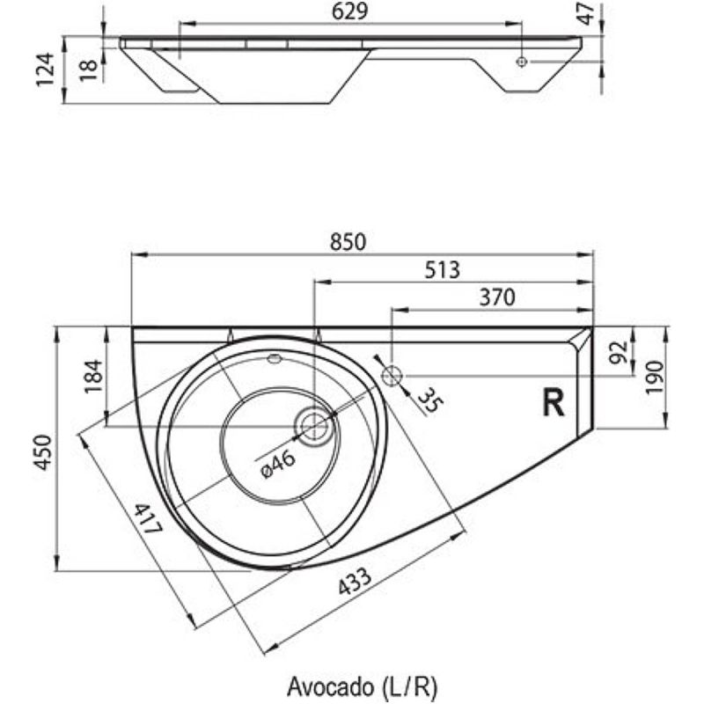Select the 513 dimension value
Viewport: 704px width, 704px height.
click(x=442, y=270)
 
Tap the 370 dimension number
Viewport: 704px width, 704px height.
click(x=496, y=297)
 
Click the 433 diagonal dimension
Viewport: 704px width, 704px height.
click(x=348, y=588)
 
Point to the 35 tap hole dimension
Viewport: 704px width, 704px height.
click(x=429, y=401)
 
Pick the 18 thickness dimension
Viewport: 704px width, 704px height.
click(x=88, y=70)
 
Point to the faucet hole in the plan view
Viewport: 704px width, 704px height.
click(x=392, y=376)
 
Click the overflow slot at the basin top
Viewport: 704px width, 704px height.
click(x=274, y=358)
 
